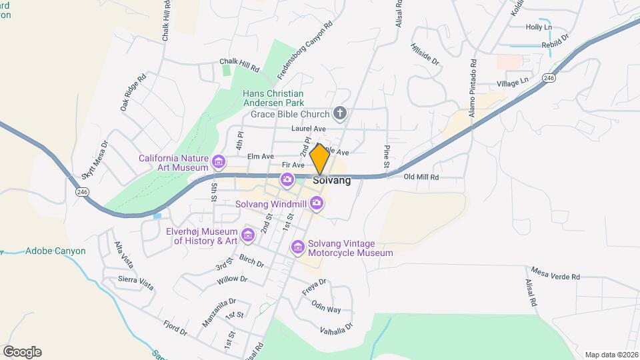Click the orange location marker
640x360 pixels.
320,159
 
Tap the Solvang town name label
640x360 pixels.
331,180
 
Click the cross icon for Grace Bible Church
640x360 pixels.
340,113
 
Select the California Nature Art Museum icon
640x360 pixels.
218,162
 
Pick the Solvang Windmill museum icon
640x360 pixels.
317,203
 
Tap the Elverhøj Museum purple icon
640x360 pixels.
249,235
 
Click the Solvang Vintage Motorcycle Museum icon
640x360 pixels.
298,248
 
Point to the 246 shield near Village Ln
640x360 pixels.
549,78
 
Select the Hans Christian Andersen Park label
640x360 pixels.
273,98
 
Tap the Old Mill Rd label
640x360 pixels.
421,177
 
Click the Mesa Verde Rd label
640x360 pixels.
555,273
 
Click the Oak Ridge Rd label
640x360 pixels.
133,93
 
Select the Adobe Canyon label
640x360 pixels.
55,251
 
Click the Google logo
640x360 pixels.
22,352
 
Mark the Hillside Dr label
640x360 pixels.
425,54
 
